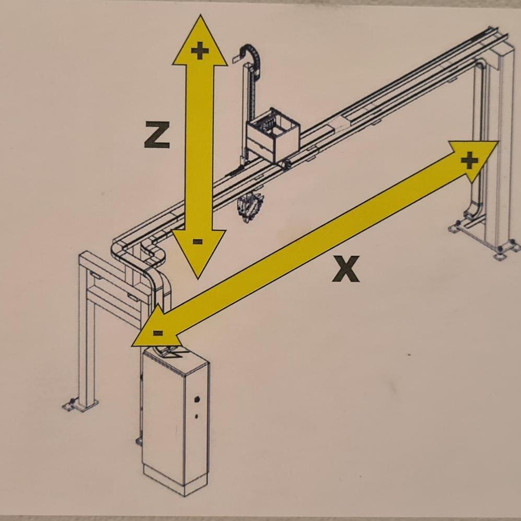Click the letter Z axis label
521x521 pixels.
point(157,135)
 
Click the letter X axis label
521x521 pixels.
point(346,269)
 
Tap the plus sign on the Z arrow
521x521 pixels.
point(200,51)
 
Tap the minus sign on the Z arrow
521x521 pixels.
point(198,241)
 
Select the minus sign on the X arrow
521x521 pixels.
point(158,333)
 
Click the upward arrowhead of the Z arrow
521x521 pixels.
point(200,41)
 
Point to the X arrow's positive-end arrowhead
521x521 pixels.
point(473,159)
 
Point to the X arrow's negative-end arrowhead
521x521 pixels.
point(156,329)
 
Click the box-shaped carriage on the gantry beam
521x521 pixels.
point(273,135)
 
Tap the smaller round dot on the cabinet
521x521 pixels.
point(196,416)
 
